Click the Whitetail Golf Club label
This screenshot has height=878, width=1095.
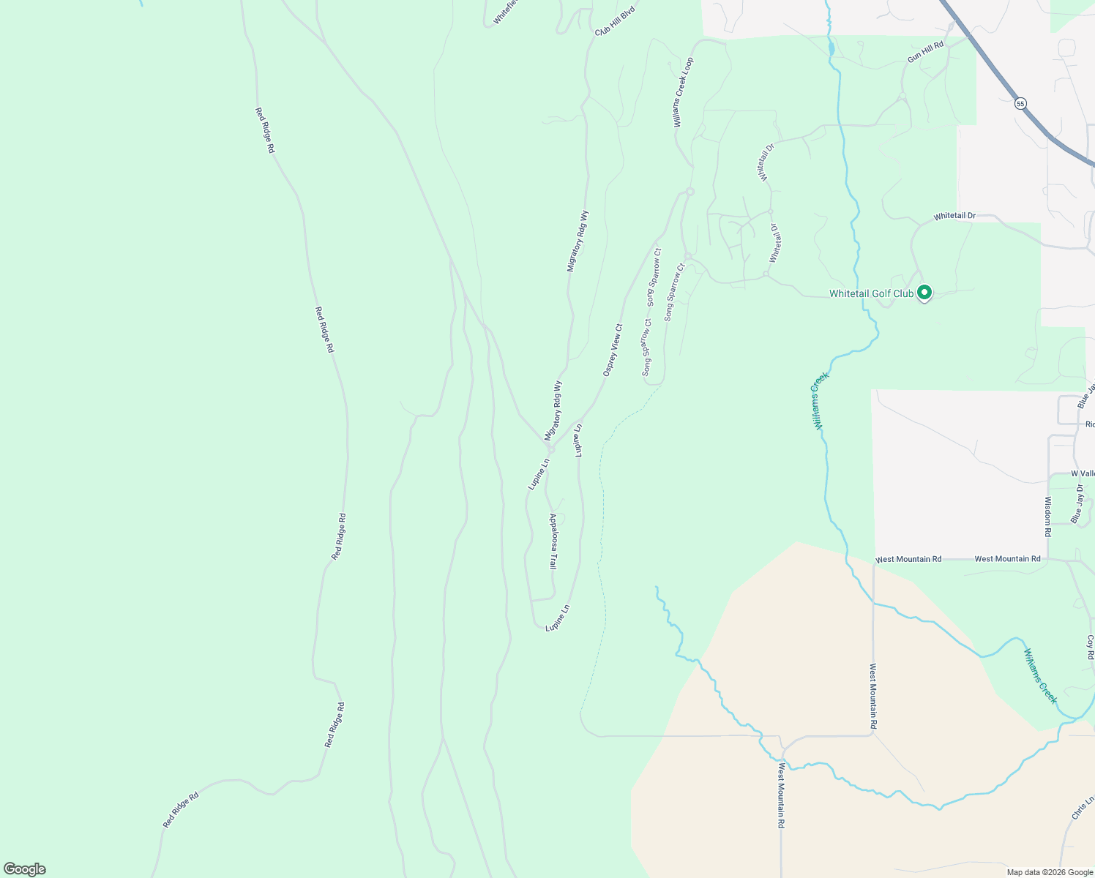[x=870, y=294]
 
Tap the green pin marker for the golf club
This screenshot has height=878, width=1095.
[x=924, y=293]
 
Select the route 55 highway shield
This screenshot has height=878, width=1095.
[x=1020, y=104]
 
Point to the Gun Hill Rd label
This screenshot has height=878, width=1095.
[x=925, y=51]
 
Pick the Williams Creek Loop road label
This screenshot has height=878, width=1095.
[x=683, y=93]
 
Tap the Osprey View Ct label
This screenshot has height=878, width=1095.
[x=613, y=350]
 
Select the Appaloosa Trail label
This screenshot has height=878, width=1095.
[x=553, y=541]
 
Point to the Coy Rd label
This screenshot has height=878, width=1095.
[x=1090, y=647]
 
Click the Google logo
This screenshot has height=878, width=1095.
[x=24, y=869]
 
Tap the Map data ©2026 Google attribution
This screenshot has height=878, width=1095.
[x=1050, y=872]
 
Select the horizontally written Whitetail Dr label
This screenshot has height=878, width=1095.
[x=954, y=217]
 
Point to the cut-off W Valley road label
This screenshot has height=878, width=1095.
[x=1082, y=474]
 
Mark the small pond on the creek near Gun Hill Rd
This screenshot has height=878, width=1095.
[x=831, y=50]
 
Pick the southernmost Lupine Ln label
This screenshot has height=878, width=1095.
[x=557, y=618]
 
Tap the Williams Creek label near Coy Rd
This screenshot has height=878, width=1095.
[x=1040, y=677]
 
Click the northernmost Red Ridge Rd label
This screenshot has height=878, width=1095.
[x=264, y=130]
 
